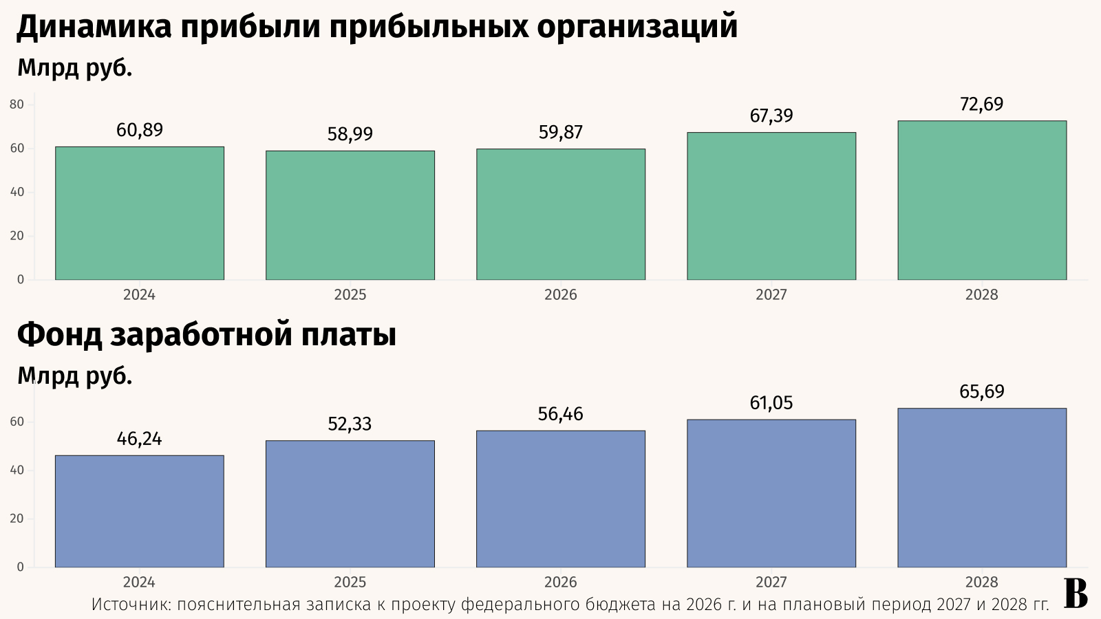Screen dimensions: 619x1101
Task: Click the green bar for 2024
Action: (140, 213)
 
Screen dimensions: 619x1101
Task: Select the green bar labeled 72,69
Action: (982, 200)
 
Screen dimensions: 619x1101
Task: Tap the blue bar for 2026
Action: (561, 499)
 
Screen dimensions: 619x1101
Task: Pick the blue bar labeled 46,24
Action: (140, 511)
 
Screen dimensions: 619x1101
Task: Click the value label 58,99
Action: (350, 134)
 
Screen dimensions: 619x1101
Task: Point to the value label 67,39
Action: (771, 116)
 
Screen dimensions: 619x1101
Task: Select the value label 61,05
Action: (771, 403)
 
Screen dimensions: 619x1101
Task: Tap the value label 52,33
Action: (350, 424)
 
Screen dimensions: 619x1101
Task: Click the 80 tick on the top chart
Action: (17, 105)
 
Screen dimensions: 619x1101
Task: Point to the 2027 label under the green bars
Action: (771, 295)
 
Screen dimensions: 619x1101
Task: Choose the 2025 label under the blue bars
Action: (350, 583)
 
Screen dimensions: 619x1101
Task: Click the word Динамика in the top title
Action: (94, 28)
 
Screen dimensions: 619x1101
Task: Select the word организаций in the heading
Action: (637, 28)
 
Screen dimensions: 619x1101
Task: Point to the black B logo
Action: (1076, 594)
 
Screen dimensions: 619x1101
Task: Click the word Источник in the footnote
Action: (131, 605)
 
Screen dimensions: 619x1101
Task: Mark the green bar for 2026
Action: (561, 214)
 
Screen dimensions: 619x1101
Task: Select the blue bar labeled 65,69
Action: (982, 488)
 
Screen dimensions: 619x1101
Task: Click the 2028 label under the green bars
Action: (982, 295)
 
